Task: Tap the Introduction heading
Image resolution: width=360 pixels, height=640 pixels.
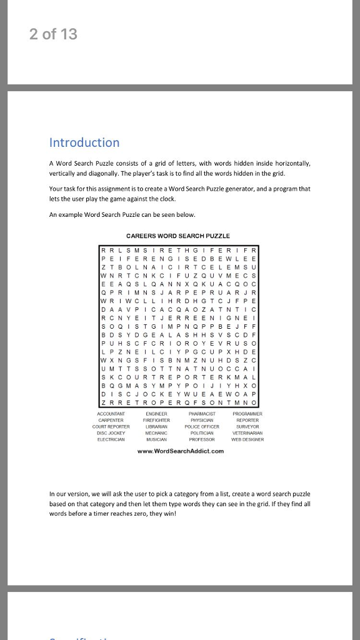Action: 84,142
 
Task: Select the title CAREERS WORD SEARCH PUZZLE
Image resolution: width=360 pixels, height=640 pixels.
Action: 178,236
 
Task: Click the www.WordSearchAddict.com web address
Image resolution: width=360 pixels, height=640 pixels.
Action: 181,451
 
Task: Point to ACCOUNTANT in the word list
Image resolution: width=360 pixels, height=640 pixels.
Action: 112,414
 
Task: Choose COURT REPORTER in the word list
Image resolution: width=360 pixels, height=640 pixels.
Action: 111,427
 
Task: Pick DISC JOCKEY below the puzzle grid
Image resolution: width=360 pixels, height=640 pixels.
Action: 111,433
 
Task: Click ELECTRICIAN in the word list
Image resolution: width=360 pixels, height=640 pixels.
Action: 111,439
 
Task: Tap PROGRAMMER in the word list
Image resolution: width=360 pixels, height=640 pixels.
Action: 247,414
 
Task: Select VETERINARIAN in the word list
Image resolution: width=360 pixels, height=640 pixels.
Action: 247,433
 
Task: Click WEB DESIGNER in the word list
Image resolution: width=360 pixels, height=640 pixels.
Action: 247,439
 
